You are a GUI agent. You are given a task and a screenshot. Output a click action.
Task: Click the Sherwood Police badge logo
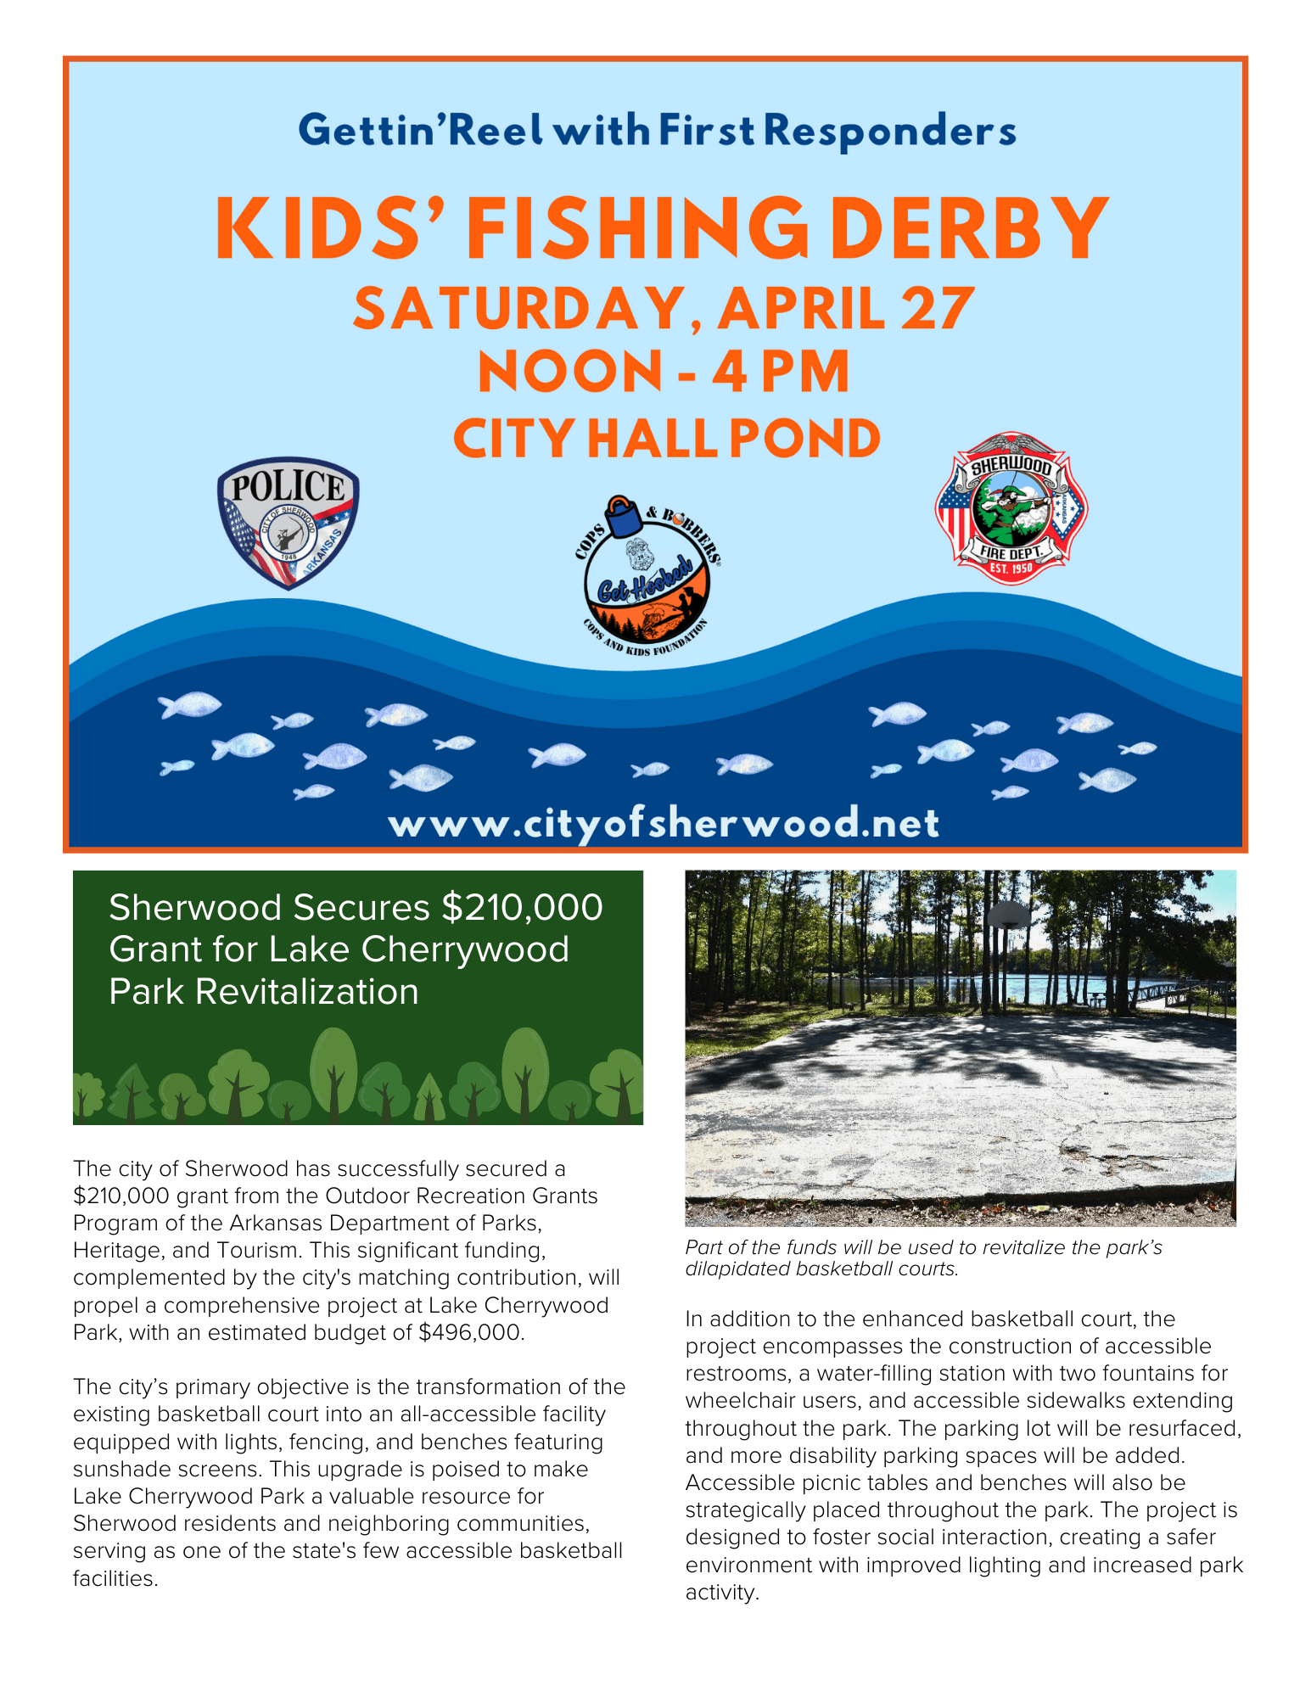tap(289, 523)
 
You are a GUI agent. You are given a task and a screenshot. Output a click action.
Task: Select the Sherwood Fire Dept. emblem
tap(1011, 508)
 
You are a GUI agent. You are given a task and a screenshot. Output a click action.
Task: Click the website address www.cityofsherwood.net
tap(664, 823)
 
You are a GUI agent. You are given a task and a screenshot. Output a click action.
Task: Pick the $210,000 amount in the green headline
tap(522, 907)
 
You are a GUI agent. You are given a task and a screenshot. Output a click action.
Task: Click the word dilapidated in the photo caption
tap(733, 1269)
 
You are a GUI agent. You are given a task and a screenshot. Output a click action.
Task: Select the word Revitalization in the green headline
tap(307, 992)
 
